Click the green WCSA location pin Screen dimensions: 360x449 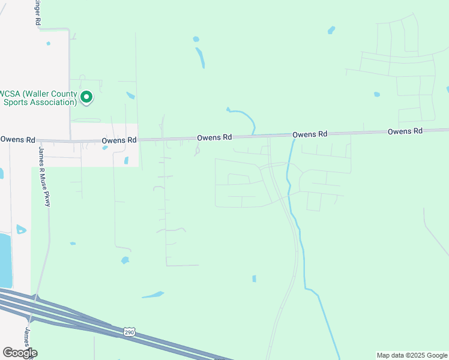click(86, 97)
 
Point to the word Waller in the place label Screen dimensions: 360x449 click(40, 94)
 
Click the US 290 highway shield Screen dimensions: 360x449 click(129, 332)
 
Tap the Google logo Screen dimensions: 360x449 click(20, 353)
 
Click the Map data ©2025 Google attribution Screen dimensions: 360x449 click(412, 355)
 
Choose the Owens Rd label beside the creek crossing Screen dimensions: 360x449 click(310, 134)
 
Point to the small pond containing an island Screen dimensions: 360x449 click(22, 229)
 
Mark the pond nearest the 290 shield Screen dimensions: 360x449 click(152, 295)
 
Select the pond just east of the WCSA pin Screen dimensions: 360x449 click(131, 95)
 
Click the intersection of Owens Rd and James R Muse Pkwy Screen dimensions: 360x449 click(37, 142)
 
